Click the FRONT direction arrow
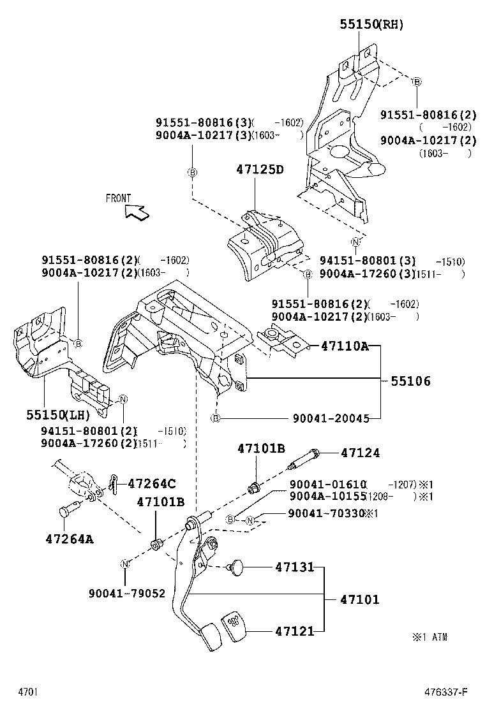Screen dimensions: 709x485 click(x=137, y=211)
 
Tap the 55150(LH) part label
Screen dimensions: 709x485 click(x=56, y=414)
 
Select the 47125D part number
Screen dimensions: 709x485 click(x=259, y=170)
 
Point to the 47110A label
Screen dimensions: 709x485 click(x=345, y=346)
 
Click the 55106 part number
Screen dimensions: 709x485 click(x=410, y=381)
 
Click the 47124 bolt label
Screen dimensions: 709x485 click(x=360, y=453)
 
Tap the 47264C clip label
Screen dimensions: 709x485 click(x=152, y=483)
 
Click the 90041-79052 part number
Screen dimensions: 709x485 click(x=127, y=593)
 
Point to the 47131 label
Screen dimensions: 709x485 click(x=295, y=566)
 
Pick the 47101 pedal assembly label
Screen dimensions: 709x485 click(x=359, y=599)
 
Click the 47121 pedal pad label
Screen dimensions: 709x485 click(x=295, y=631)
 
